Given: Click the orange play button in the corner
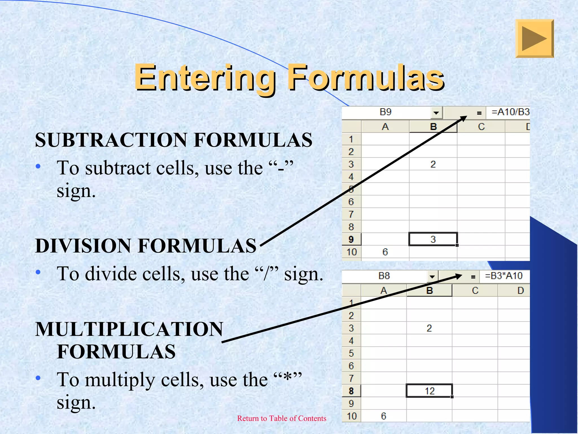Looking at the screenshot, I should pyautogui.click(x=534, y=39).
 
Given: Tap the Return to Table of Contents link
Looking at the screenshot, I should pyautogui.click(x=281, y=418).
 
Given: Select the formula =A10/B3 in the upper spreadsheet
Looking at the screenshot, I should pyautogui.click(x=510, y=112).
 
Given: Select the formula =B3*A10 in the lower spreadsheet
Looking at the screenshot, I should pyautogui.click(x=503, y=276).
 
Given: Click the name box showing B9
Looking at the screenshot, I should pyautogui.click(x=386, y=112).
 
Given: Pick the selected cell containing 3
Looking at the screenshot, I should pyautogui.click(x=433, y=239).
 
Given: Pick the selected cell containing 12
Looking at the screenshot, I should pyautogui.click(x=429, y=391).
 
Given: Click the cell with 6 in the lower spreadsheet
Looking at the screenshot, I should pyautogui.click(x=383, y=416).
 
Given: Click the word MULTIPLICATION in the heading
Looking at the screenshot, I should pyautogui.click(x=129, y=329).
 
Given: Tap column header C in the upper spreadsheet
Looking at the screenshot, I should pyautogui.click(x=481, y=127).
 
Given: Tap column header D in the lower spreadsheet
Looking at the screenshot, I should pyautogui.click(x=520, y=290).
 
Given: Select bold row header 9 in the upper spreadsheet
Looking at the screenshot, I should pyautogui.click(x=351, y=239).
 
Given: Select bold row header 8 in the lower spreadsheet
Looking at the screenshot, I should pyautogui.click(x=351, y=391).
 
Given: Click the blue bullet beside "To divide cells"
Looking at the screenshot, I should pyautogui.click(x=38, y=272).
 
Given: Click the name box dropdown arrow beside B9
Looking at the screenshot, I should pyautogui.click(x=436, y=113).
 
